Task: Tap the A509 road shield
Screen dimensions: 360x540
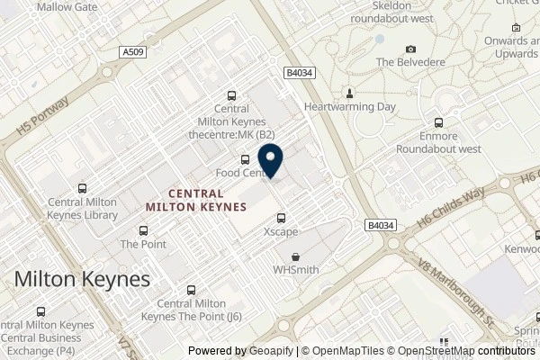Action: (130, 54)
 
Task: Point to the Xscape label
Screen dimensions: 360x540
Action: (281, 231)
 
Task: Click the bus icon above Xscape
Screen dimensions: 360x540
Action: (282, 218)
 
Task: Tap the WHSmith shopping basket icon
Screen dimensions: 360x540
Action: (295, 256)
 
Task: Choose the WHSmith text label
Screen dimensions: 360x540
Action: (295, 270)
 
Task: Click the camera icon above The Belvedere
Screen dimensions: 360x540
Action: (411, 49)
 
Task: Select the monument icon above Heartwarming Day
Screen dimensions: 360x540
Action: (350, 93)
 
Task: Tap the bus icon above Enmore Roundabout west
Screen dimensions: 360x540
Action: (439, 123)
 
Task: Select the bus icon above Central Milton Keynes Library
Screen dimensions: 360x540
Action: (83, 189)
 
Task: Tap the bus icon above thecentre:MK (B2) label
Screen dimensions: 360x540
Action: (231, 96)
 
